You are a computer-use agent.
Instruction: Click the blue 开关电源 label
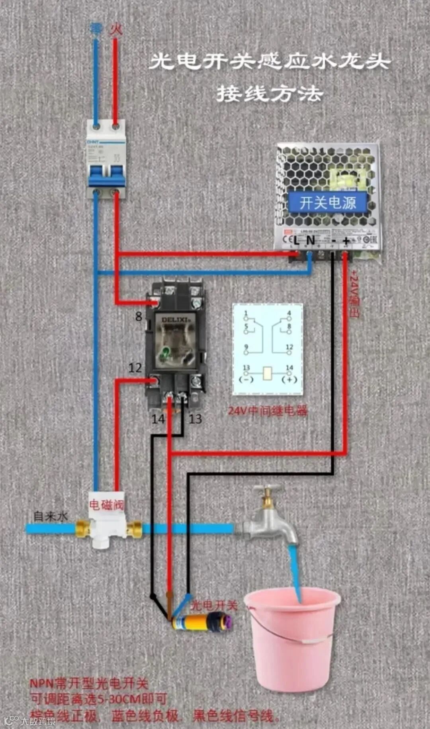click(327, 203)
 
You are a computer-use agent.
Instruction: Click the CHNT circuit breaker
click(106, 159)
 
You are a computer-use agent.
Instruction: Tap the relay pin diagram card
click(268, 349)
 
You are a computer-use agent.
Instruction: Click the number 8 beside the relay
click(139, 317)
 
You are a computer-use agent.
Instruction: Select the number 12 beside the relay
click(135, 367)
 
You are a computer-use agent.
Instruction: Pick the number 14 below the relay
click(158, 419)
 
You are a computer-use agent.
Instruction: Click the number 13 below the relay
click(195, 419)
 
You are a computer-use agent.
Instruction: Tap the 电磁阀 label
click(106, 505)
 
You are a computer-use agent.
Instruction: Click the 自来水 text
click(51, 516)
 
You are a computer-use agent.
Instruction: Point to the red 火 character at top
click(116, 29)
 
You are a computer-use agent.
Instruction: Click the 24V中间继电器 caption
click(268, 410)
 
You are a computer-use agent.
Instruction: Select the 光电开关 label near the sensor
click(214, 605)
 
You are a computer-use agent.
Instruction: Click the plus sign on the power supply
click(346, 240)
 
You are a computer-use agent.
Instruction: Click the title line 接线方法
click(270, 94)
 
